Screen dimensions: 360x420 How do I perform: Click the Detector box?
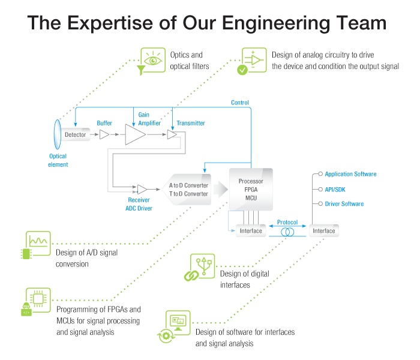click(x=75, y=135)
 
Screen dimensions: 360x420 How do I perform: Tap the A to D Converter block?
click(x=188, y=190)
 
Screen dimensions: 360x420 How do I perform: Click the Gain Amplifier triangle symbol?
click(x=135, y=135)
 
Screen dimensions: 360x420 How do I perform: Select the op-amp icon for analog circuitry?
click(x=254, y=58)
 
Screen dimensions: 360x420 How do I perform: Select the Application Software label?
click(x=350, y=174)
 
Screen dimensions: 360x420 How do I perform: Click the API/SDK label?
click(x=336, y=189)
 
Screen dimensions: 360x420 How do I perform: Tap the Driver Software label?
click(x=344, y=204)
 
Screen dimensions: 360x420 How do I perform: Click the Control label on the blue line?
click(x=240, y=103)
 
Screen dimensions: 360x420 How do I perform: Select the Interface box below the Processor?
click(x=251, y=231)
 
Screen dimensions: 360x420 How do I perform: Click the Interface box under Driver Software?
click(x=322, y=231)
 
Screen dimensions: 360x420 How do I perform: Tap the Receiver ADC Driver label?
click(x=142, y=204)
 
